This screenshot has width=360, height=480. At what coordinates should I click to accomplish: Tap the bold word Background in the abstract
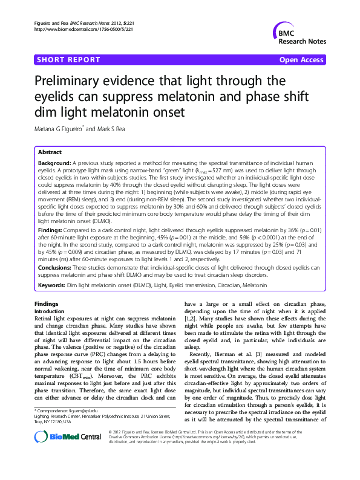pos(54,163)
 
